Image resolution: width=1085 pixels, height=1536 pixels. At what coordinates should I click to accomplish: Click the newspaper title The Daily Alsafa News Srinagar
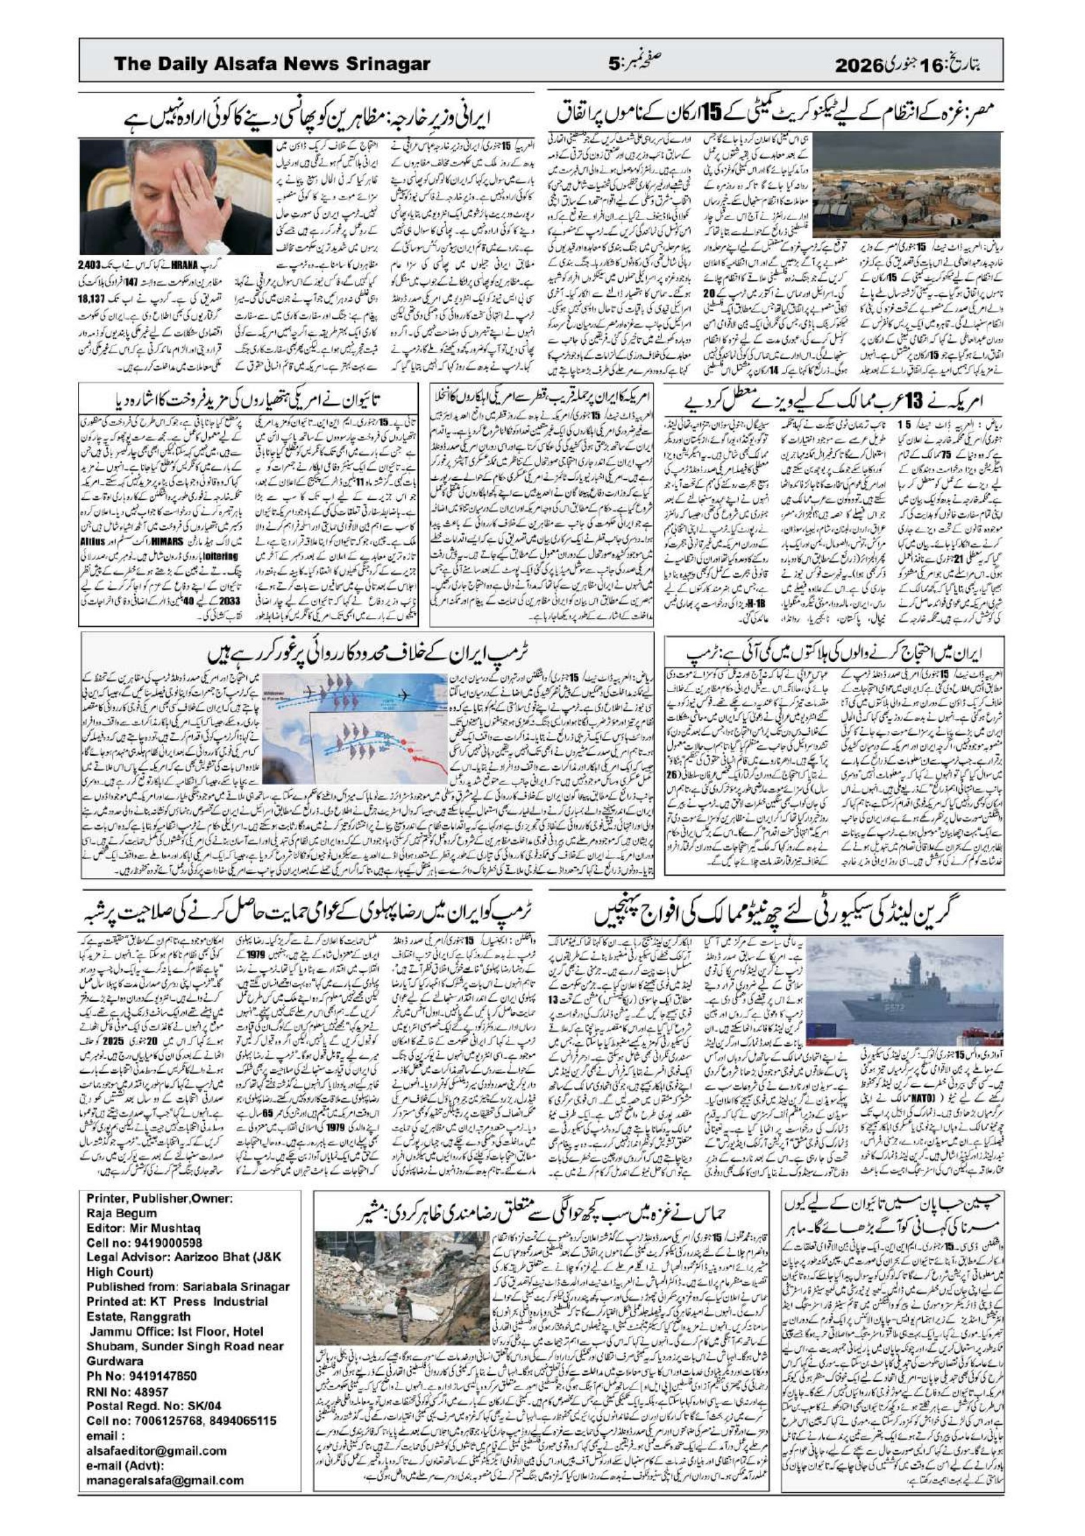pos(272,64)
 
